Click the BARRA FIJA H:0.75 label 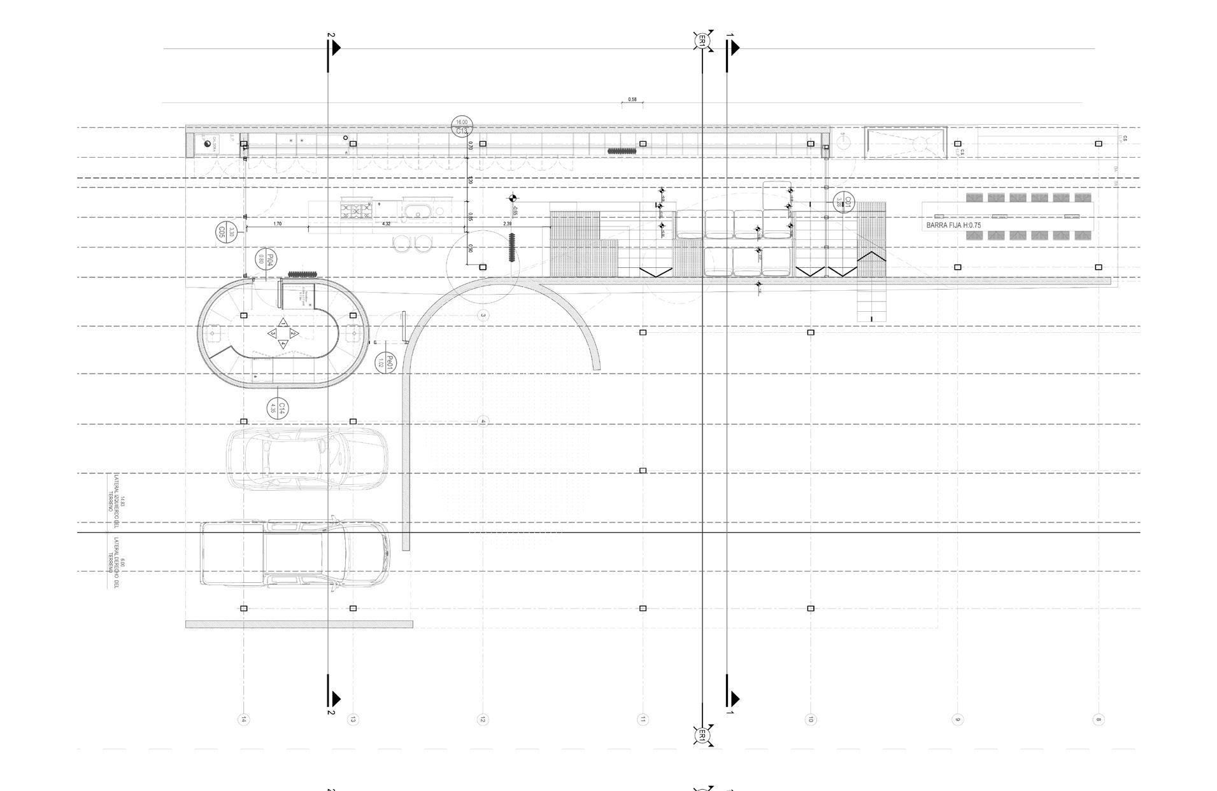click(953, 225)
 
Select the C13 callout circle click(462, 127)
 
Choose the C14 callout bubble click(278, 408)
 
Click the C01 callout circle click(843, 202)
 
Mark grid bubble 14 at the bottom click(244, 720)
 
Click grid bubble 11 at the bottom click(643, 720)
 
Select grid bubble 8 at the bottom click(1098, 720)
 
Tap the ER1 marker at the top click(702, 41)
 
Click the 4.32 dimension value click(386, 224)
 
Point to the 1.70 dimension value click(278, 224)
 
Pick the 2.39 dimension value click(508, 224)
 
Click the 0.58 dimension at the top click(632, 100)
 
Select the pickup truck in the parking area click(295, 554)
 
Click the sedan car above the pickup click(308, 458)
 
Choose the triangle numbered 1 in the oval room click(283, 323)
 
